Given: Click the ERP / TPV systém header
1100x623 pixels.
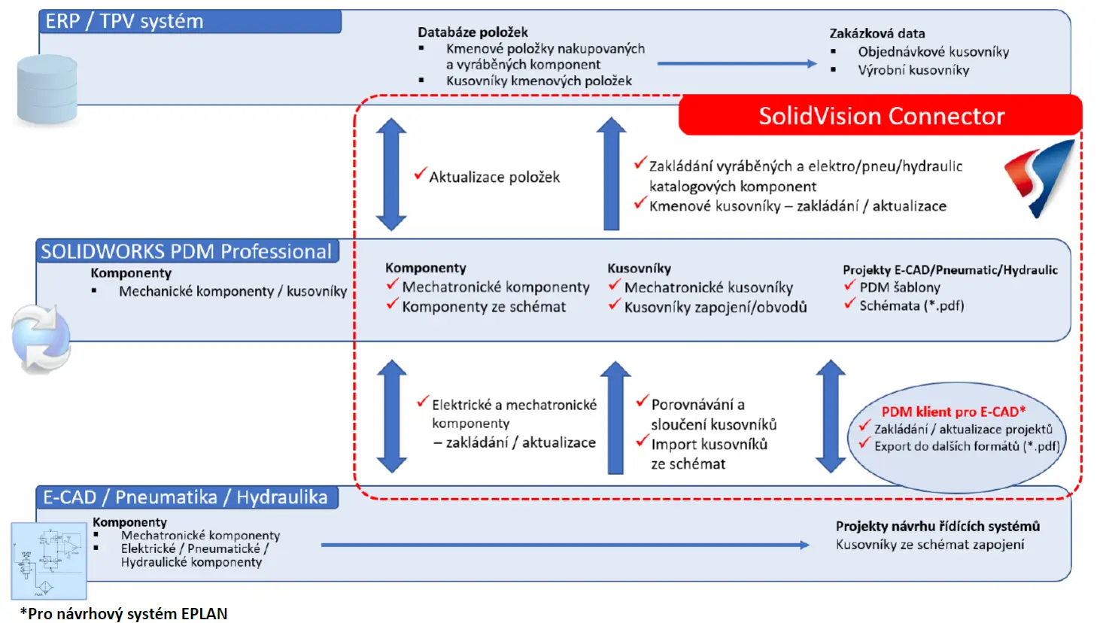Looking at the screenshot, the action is (x=190, y=22).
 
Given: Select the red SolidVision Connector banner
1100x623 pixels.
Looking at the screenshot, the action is (x=880, y=115).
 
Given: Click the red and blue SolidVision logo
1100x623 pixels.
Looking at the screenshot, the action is (x=1040, y=179).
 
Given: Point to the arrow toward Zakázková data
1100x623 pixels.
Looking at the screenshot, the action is (x=737, y=63).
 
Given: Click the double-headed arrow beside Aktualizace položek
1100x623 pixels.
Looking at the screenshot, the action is (x=391, y=175).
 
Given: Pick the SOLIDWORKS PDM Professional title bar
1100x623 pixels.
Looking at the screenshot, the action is (x=187, y=251).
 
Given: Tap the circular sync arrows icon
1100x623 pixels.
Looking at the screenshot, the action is (x=41, y=338).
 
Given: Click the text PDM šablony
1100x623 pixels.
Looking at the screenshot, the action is (x=900, y=287).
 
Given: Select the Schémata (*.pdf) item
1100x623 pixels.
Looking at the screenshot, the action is (x=911, y=305).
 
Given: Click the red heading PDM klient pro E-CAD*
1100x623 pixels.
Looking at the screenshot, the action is (x=953, y=412).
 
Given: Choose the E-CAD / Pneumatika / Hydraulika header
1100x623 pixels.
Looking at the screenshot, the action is (x=187, y=497).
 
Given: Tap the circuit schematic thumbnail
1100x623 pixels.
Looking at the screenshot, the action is (x=49, y=561).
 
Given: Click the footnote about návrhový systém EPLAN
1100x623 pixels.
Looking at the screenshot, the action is (x=123, y=614).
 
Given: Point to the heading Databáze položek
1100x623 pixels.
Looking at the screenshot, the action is (x=473, y=32).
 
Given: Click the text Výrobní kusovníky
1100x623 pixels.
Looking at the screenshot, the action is (x=913, y=70).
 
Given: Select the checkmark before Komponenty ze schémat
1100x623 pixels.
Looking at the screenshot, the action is (x=391, y=305).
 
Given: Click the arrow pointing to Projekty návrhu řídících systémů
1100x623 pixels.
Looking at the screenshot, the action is (x=565, y=545).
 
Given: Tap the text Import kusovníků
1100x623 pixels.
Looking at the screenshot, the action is (x=709, y=444).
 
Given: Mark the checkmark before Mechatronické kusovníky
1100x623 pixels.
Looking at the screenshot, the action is (x=614, y=284).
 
